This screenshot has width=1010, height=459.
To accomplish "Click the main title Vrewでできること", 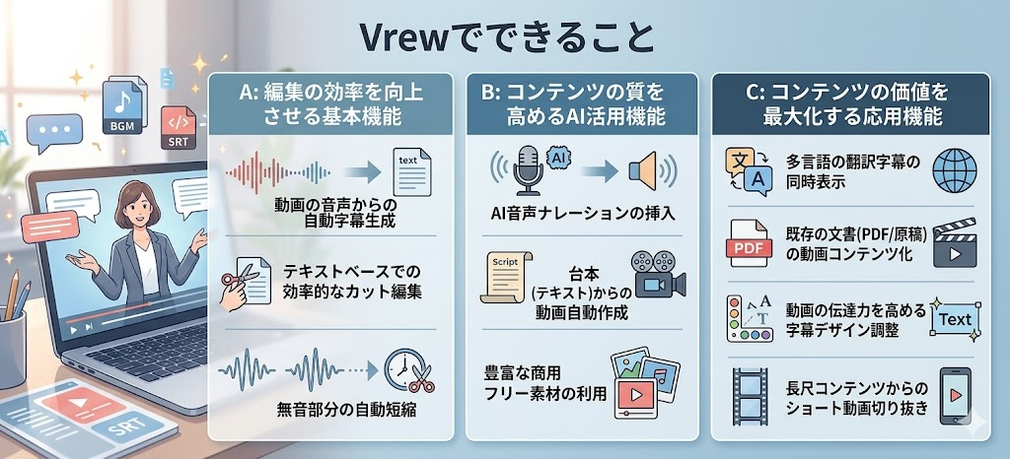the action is [506, 38].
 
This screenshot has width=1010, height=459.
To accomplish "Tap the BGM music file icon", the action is [122, 107].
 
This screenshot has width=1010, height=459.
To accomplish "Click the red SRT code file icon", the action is [178, 128].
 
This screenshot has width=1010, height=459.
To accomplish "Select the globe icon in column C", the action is [955, 170].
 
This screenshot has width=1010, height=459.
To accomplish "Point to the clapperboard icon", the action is [955, 242].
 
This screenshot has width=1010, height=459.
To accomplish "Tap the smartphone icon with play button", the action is [955, 395].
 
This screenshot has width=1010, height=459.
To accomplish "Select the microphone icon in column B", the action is [528, 168].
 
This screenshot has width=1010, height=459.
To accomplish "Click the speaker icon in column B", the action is [647, 170].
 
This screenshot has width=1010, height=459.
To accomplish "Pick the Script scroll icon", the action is [506, 277].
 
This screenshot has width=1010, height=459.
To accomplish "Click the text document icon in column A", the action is [411, 171].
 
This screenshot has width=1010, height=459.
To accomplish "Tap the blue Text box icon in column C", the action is [955, 319].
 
